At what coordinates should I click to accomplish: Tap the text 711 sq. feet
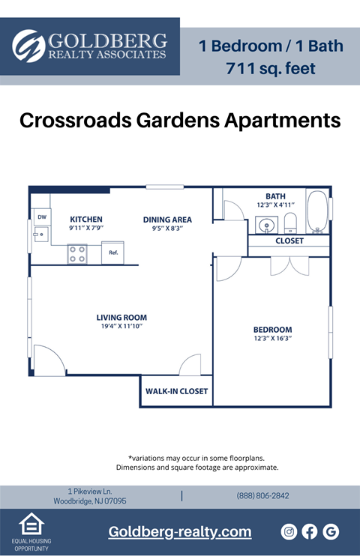[271, 70]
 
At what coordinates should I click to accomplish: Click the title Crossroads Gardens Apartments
[180, 121]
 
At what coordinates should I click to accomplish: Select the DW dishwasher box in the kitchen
[40, 217]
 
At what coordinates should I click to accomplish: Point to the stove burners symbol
[77, 254]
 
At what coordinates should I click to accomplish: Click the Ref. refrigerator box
[114, 253]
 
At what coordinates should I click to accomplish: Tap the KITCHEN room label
[86, 220]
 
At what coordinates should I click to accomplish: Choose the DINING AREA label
[167, 220]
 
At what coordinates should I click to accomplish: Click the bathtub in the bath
[317, 212]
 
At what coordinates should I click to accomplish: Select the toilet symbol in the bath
[291, 223]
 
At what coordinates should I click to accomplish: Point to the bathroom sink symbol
[265, 224]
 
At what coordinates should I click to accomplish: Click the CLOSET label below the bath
[289, 241]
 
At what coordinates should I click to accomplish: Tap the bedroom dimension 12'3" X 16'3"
[272, 339]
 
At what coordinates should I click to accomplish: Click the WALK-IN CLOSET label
[176, 391]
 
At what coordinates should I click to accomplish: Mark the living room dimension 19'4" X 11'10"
[121, 327]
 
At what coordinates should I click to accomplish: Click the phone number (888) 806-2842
[262, 496]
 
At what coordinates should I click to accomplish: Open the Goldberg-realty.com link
[180, 532]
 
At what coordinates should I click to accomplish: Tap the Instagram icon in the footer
[289, 532]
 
